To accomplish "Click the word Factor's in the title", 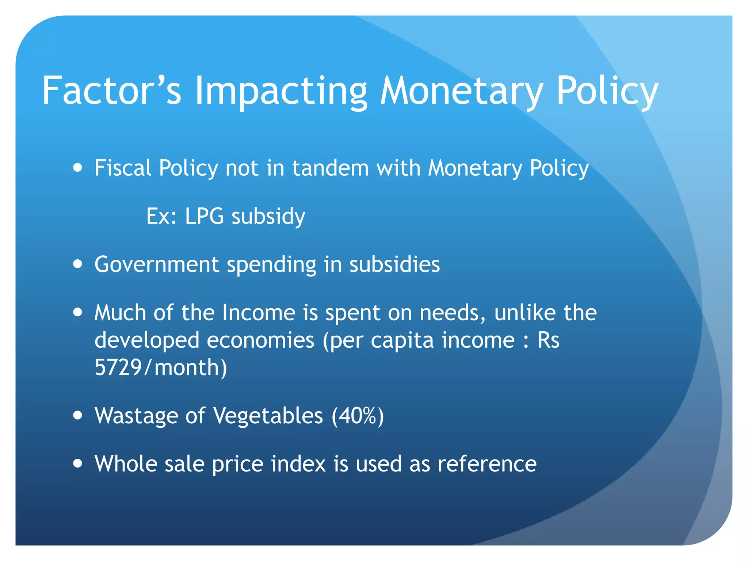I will tap(111, 91).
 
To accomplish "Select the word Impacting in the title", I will tap(281, 91).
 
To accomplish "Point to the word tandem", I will tap(330, 168).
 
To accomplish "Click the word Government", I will tap(157, 264).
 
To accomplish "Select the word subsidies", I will tap(394, 264).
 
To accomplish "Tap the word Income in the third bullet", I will tap(259, 313).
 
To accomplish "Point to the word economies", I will tap(260, 340).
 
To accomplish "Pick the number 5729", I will tap(118, 367).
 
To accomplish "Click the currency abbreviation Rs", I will tap(548, 340).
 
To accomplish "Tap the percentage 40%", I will tap(358, 416).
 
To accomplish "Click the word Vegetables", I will tap(268, 416).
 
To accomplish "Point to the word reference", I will tap(487, 464).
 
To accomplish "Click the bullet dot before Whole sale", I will tap(77, 463).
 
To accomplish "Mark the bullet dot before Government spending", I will tap(77, 264).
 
